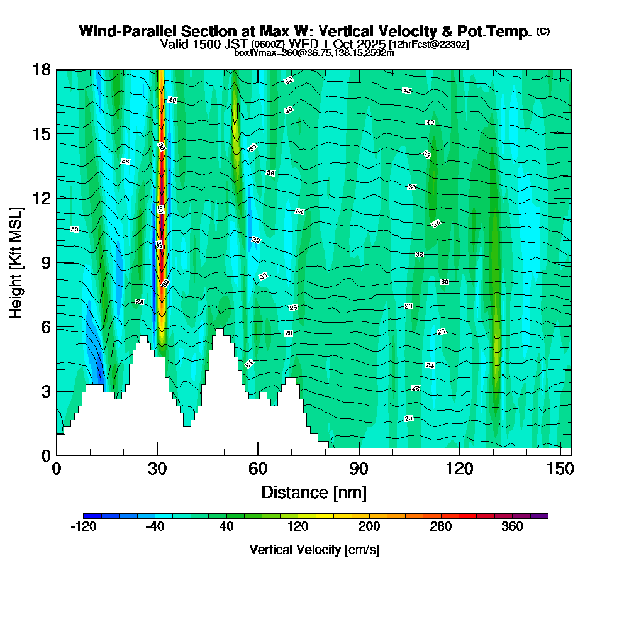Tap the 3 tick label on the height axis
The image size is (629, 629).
click(45, 391)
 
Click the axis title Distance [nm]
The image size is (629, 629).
click(314, 492)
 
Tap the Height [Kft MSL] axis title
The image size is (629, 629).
click(16, 262)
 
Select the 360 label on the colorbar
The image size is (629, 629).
click(512, 527)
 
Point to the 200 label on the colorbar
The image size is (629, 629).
click(369, 527)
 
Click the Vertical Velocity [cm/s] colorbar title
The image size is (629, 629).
click(314, 550)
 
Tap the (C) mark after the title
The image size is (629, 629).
click(543, 31)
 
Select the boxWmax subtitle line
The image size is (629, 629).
click(314, 53)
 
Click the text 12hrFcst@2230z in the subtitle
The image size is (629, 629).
click(429, 45)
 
